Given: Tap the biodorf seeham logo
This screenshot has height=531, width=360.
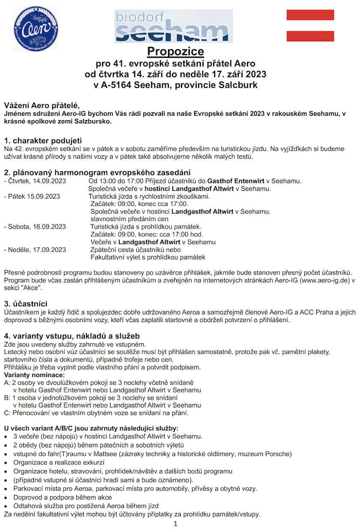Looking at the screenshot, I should (174, 26).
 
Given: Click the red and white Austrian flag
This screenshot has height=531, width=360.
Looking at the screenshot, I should (310, 25).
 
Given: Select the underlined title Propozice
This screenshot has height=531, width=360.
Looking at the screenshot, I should (175, 52).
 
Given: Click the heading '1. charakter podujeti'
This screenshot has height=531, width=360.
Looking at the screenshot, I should (43, 141).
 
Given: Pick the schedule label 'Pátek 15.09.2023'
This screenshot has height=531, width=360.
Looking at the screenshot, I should (34, 196).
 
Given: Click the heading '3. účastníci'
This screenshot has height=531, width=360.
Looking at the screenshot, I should (25, 304).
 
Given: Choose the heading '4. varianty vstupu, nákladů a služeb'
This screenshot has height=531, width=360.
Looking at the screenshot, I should (72, 335).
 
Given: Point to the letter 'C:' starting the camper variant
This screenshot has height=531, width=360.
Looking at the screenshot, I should (7, 413).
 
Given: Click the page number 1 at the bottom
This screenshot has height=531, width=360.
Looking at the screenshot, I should (175, 524).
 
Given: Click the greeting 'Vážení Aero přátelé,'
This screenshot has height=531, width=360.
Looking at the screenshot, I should (42, 106).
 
